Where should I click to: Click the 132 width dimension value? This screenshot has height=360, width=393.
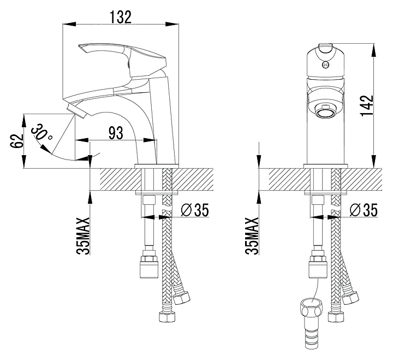tap(121, 17)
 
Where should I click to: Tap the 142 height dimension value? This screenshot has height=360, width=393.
tap(367, 105)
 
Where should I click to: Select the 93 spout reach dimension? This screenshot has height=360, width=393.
tap(116, 133)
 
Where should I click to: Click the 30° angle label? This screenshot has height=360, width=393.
tap(42, 132)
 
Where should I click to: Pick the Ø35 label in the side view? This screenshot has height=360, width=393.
tap(195, 210)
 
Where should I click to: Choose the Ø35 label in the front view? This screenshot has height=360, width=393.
tap(364, 210)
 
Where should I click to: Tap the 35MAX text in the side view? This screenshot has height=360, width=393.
tap(84, 236)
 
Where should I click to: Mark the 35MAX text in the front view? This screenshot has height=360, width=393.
tap(252, 236)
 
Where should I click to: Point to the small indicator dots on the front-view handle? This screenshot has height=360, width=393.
tap(325, 64)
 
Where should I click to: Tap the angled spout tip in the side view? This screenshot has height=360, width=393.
tap(78, 111)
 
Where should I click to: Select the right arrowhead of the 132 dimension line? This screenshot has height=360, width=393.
tap(172, 24)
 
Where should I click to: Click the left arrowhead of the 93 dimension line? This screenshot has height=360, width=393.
tap(82, 140)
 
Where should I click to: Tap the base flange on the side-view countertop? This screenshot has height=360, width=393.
tap(157, 166)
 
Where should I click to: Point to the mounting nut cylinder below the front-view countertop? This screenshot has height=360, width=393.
tap(318, 270)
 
